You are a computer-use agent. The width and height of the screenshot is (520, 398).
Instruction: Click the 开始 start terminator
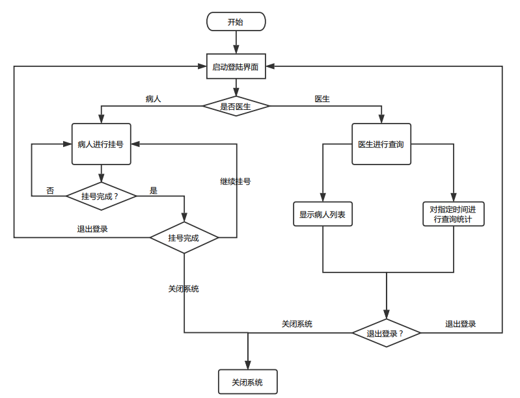point(236,21)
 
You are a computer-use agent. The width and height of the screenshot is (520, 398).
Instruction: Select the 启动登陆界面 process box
point(236,66)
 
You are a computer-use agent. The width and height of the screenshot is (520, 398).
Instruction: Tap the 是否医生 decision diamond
point(236,106)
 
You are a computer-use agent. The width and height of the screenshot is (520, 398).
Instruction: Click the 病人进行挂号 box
point(101,144)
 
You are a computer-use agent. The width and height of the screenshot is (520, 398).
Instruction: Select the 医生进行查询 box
point(381,144)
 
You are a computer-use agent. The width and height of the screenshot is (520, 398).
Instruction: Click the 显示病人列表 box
point(323,215)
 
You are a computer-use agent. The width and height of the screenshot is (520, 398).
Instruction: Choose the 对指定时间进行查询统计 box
point(453,215)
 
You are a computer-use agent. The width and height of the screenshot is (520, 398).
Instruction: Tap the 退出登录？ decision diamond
point(387,334)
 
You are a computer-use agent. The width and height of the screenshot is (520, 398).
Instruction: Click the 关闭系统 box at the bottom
point(248,382)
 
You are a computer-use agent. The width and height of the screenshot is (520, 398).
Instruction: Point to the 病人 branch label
point(154,99)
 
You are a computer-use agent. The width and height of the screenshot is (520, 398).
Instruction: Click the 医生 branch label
point(322,99)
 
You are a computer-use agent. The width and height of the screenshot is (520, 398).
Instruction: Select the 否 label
point(50,191)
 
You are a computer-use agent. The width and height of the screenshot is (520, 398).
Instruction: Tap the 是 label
point(154,191)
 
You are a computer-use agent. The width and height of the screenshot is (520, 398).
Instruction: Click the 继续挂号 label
point(236,181)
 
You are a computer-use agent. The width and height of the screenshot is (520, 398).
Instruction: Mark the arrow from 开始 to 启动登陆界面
point(236,42)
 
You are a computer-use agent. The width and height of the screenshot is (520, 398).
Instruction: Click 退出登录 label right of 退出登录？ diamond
point(460,324)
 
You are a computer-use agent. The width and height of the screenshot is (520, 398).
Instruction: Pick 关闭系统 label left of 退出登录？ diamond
point(297,324)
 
